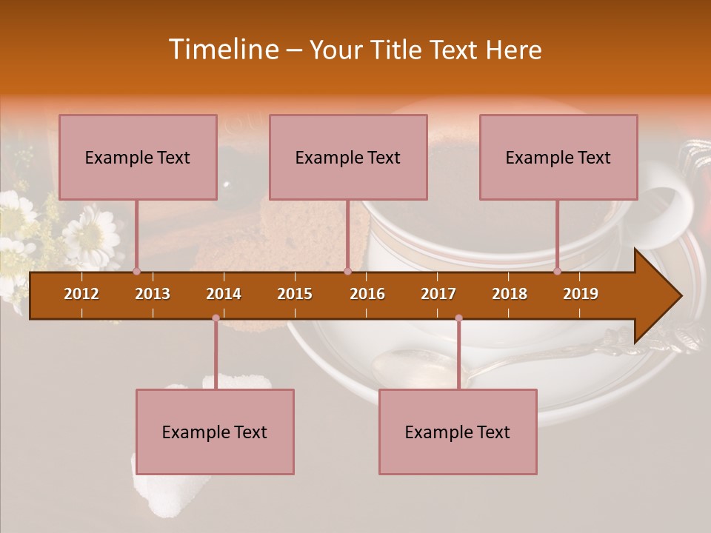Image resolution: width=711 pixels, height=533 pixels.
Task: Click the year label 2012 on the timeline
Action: [81, 294]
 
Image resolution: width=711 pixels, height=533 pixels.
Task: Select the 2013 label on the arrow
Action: [153, 294]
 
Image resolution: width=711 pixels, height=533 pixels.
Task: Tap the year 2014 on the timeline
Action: [224, 294]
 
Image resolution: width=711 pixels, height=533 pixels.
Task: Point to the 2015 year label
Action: [295, 294]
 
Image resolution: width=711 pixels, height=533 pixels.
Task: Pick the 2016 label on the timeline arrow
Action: [367, 294]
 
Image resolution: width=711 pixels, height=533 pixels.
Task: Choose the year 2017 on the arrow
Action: [438, 294]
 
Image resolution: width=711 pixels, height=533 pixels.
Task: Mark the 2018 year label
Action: [510, 294]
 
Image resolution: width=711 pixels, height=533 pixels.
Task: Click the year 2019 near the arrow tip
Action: [581, 294]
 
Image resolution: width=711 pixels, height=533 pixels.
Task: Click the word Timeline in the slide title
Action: [223, 50]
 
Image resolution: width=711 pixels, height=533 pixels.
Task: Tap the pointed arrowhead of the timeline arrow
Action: [663, 295]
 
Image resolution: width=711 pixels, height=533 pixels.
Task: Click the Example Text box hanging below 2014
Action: [215, 432]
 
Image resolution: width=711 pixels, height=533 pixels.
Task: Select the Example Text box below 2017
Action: [458, 432]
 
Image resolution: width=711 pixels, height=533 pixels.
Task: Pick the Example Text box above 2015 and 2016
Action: [348, 157]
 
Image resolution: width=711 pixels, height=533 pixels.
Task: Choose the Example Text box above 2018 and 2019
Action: [558, 157]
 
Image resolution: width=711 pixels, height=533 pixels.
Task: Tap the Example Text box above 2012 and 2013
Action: [138, 157]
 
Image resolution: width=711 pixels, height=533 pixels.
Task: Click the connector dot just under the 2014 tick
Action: [216, 318]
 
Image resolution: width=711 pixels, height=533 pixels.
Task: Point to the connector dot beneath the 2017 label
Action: [458, 318]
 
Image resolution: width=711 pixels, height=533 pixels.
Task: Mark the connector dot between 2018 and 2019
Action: [558, 271]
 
